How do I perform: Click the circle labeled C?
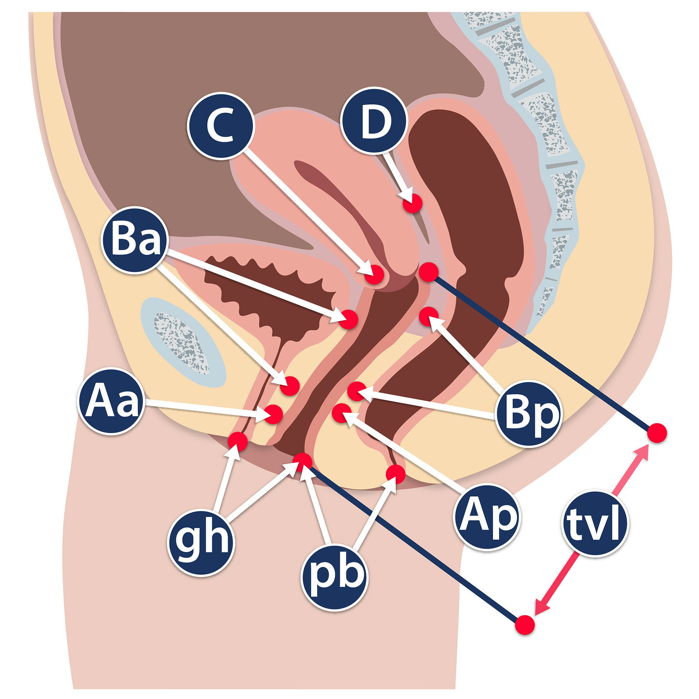tap(221, 126)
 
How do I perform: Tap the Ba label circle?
tap(135, 240)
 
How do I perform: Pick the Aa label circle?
tap(112, 401)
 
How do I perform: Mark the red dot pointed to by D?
tap(412, 203)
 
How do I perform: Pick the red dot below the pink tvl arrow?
tap(525, 625)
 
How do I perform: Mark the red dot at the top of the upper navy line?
tap(429, 272)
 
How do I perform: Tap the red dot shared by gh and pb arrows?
tap(303, 462)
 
